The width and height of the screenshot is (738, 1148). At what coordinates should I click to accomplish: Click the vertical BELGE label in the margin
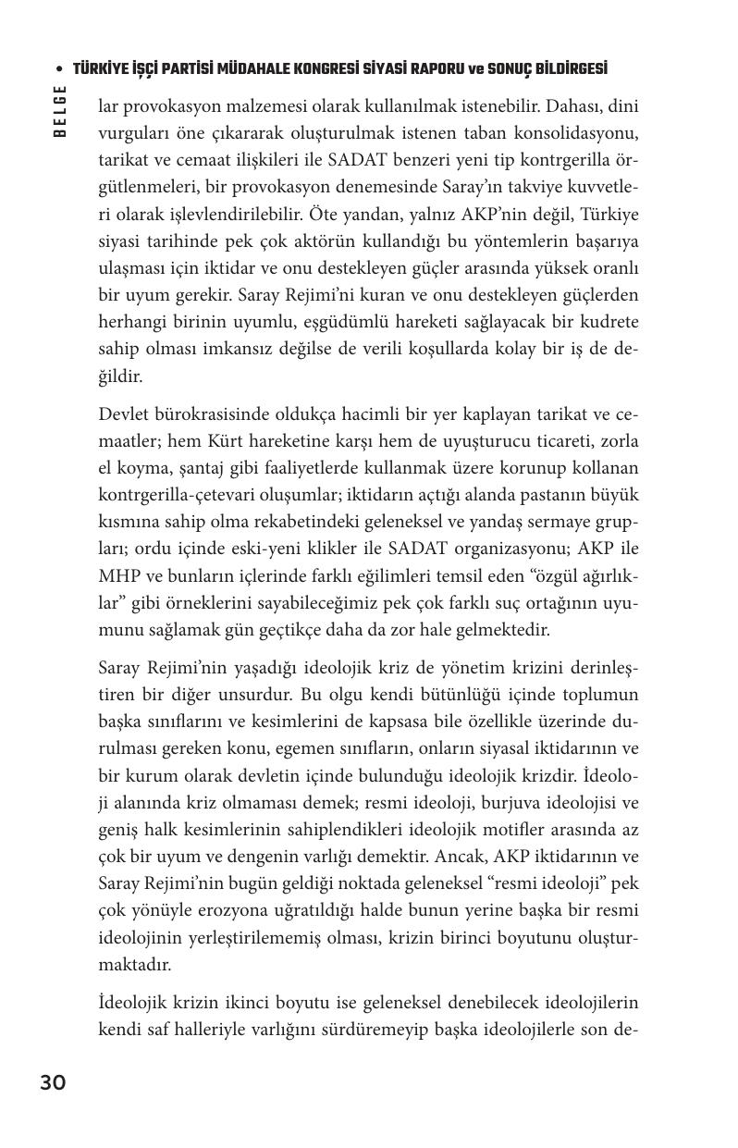[60, 112]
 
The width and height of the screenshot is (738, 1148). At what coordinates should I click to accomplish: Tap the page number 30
[53, 1082]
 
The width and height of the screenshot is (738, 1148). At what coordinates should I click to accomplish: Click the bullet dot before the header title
[60, 70]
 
